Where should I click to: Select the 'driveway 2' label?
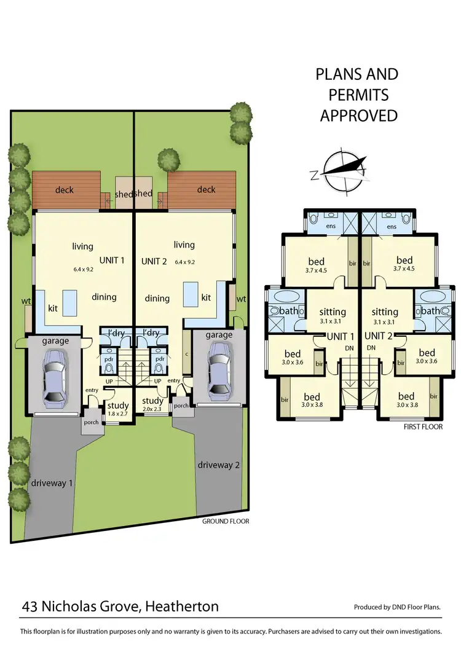point(218,465)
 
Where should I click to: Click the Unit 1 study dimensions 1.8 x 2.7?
point(118,414)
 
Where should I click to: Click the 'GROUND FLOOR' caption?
point(226,521)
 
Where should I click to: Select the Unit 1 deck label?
point(64,190)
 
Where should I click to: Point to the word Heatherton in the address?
point(182,607)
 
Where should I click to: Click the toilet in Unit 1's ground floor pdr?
point(108,368)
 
